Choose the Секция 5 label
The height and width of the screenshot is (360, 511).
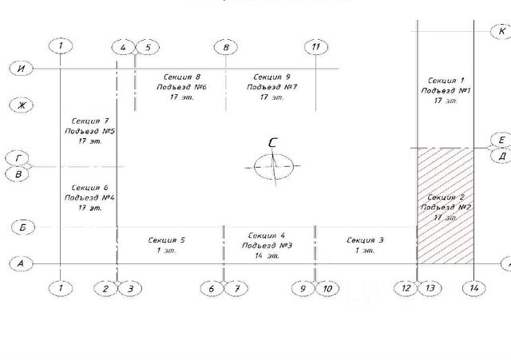point(167,239)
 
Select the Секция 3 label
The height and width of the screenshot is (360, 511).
point(365,239)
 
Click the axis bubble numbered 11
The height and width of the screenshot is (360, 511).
point(317,46)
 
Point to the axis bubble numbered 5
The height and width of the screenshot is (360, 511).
point(148,47)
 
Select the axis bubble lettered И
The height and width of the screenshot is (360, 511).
point(22,69)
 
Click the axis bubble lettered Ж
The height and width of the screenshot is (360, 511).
point(22,105)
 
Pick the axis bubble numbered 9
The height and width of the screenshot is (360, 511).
point(303,287)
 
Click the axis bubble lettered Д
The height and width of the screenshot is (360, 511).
point(501,156)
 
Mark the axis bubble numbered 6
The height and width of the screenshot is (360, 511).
point(212,287)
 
